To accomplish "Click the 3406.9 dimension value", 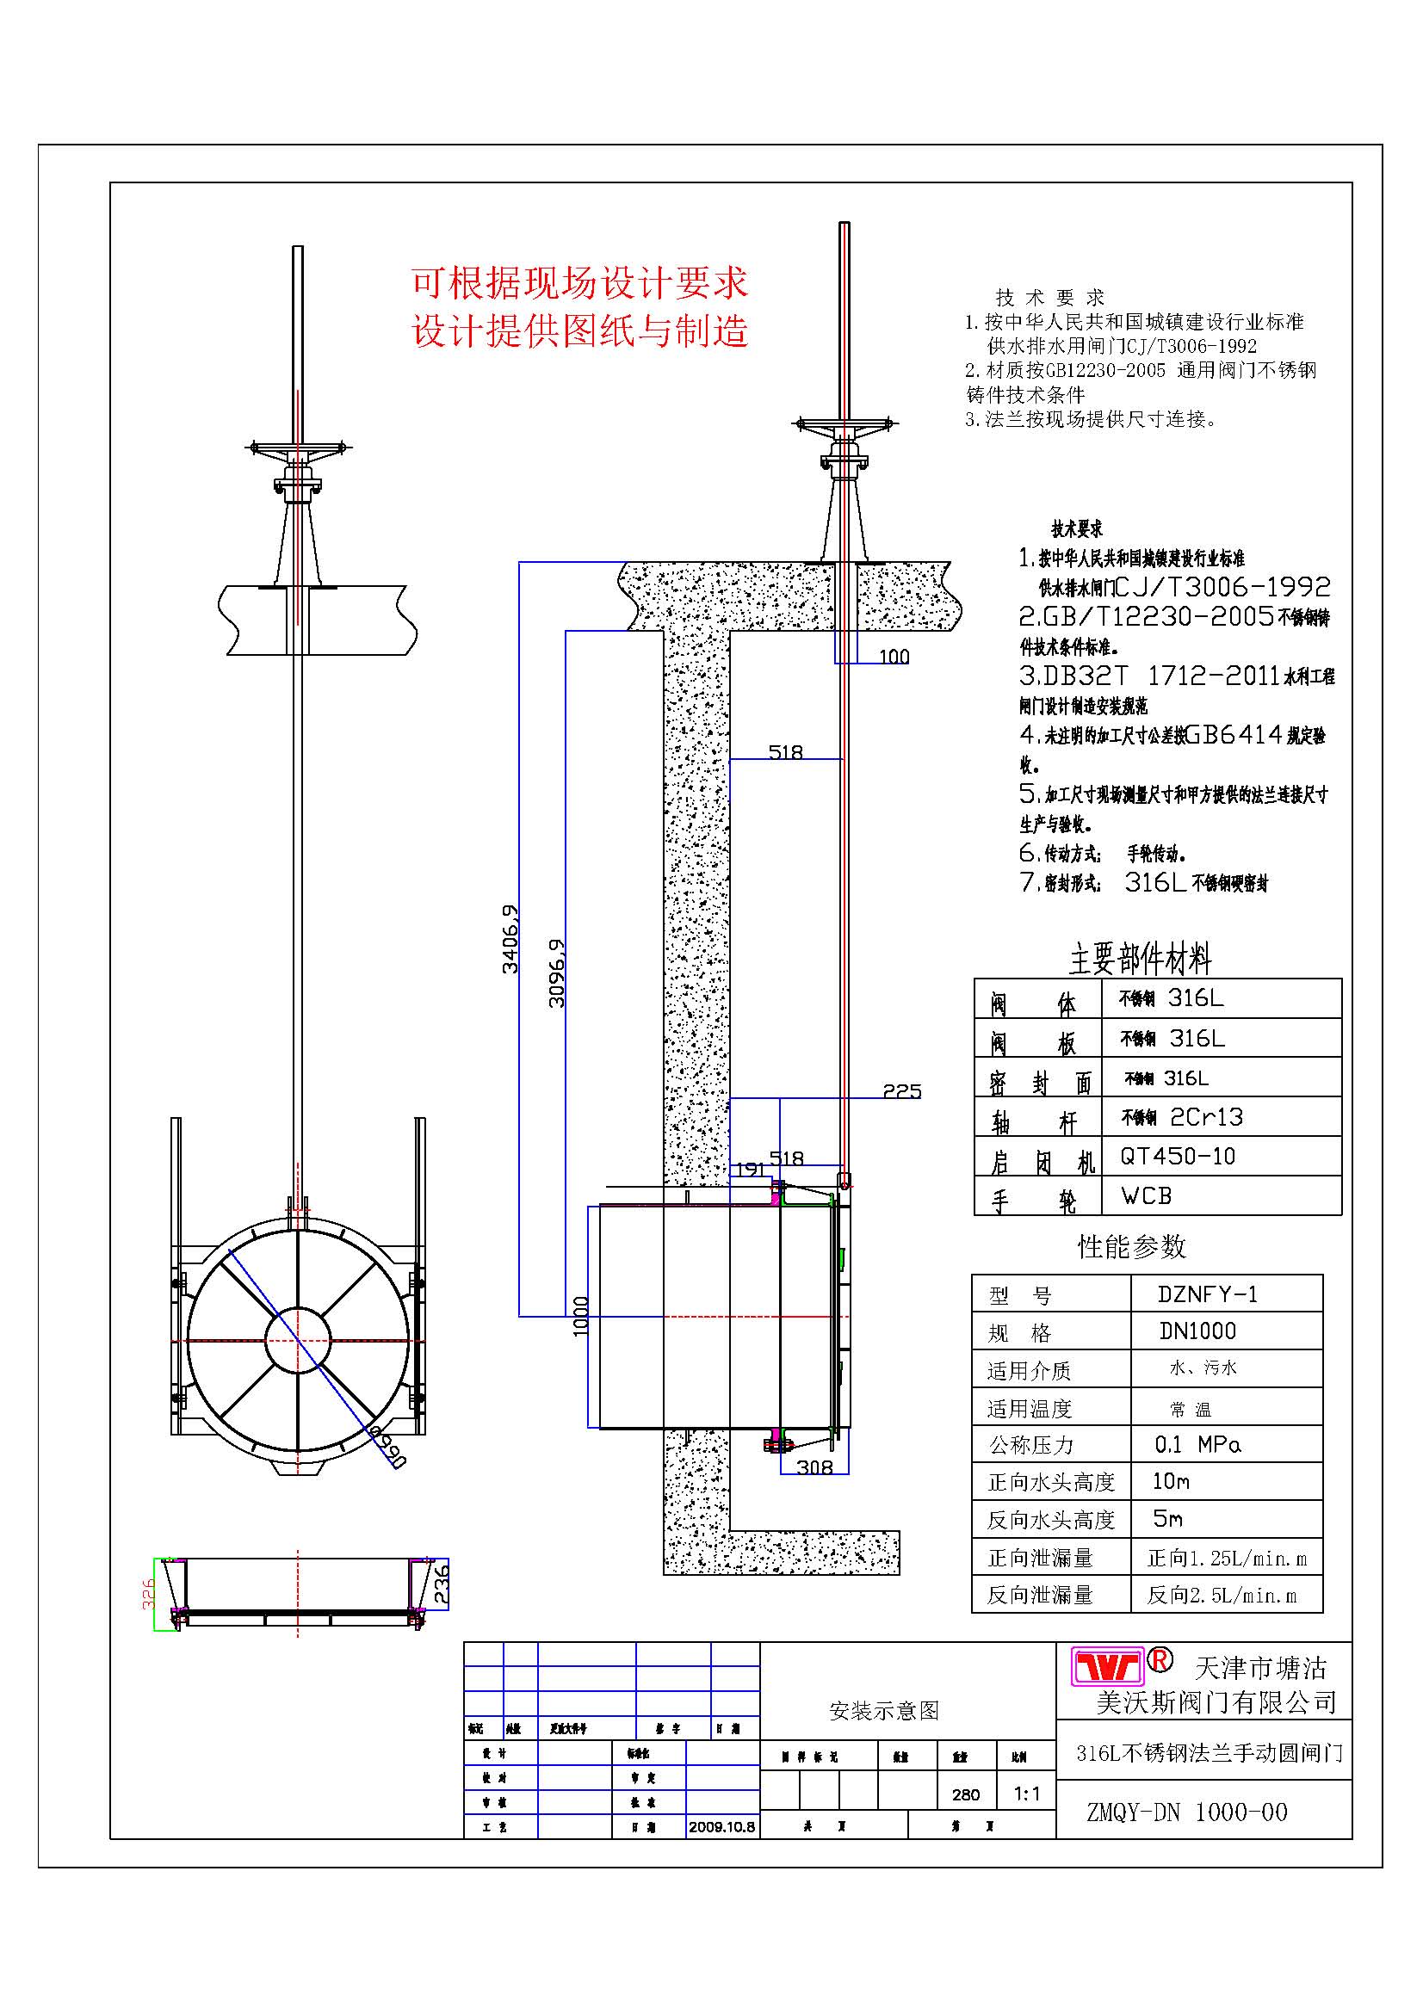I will [510, 939].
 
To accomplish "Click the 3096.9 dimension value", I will [557, 973].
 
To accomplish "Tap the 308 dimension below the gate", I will [814, 1467].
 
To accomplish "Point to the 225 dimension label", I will [901, 1090].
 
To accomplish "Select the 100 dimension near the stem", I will [894, 657].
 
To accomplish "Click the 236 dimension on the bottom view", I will [441, 1584].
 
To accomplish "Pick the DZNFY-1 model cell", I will [1207, 1294].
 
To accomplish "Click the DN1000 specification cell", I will [1197, 1331].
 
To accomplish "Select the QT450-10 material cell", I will [1178, 1157].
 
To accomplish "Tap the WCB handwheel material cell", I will [1146, 1196].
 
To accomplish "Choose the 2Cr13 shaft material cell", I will [1206, 1117].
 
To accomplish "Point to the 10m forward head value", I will [1171, 1481].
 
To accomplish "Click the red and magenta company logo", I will [1109, 1666].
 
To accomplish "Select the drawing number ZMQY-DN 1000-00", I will [1186, 1812].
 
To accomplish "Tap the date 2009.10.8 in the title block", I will [721, 1827].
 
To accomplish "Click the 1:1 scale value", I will [1027, 1794].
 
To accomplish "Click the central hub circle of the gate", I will [298, 1341].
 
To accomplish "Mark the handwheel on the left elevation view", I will [297, 448].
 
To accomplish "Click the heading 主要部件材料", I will [1140, 959].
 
